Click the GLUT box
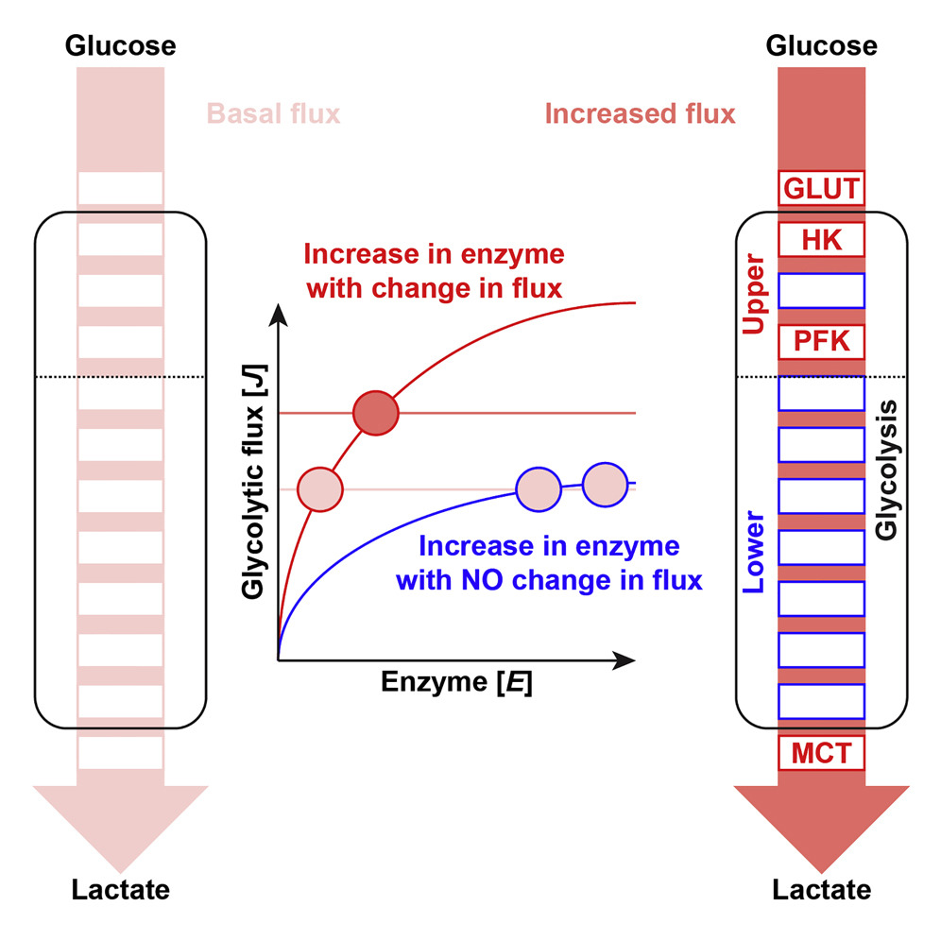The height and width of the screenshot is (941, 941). (x=820, y=188)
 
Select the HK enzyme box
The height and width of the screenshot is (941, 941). (x=820, y=239)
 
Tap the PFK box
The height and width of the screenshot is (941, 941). (x=820, y=341)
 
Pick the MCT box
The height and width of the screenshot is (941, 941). (x=820, y=754)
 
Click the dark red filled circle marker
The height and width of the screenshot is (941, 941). (x=376, y=413)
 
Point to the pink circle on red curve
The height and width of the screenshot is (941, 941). (x=319, y=488)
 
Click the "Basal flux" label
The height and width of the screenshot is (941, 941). (x=274, y=115)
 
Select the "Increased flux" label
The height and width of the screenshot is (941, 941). (x=640, y=115)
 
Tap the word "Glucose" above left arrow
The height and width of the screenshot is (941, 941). (x=120, y=45)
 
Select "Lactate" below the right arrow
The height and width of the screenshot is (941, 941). (x=821, y=889)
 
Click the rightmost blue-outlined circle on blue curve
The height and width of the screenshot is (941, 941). (x=605, y=484)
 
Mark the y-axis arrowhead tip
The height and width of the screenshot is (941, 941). (x=278, y=307)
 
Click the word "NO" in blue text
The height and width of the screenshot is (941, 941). (x=484, y=579)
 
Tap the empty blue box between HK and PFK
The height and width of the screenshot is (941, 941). (x=820, y=290)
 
